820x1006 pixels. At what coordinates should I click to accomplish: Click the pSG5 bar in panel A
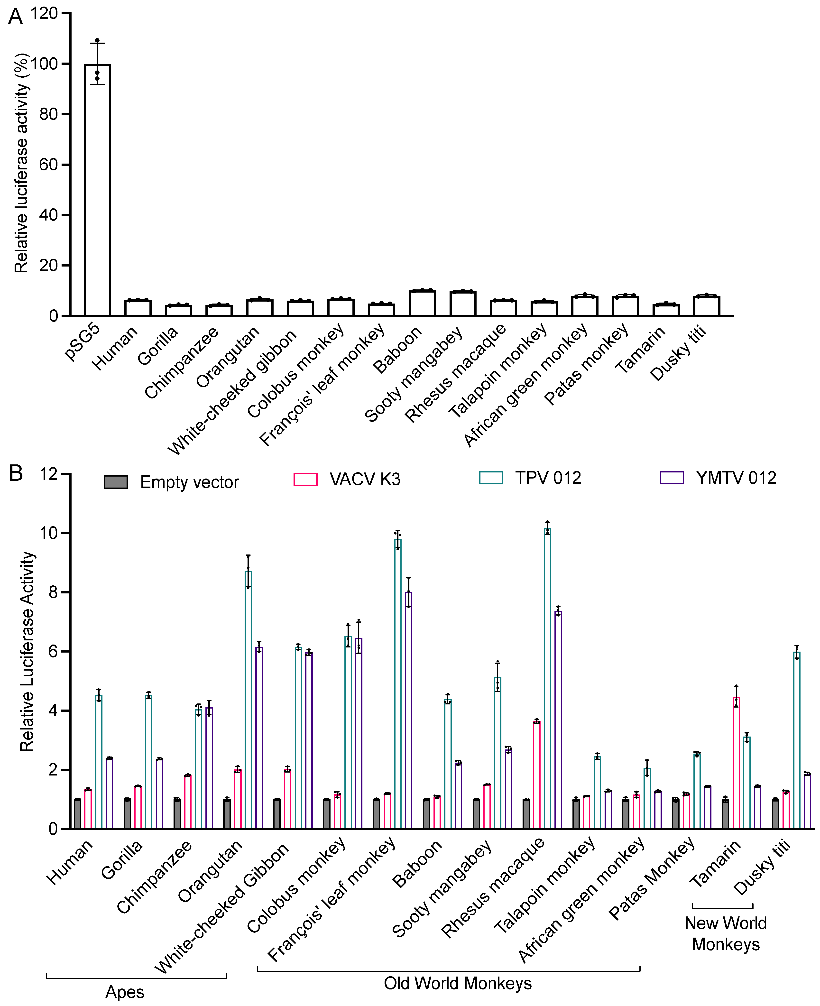[x=97, y=189]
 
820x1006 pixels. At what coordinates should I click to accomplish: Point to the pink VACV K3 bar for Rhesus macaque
[x=537, y=775]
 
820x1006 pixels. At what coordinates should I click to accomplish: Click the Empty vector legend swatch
[x=116, y=482]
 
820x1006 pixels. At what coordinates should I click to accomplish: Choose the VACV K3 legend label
[x=365, y=479]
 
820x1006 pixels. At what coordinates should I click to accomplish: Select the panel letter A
[x=16, y=17]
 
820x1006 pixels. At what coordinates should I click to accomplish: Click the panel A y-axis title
[x=21, y=163]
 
